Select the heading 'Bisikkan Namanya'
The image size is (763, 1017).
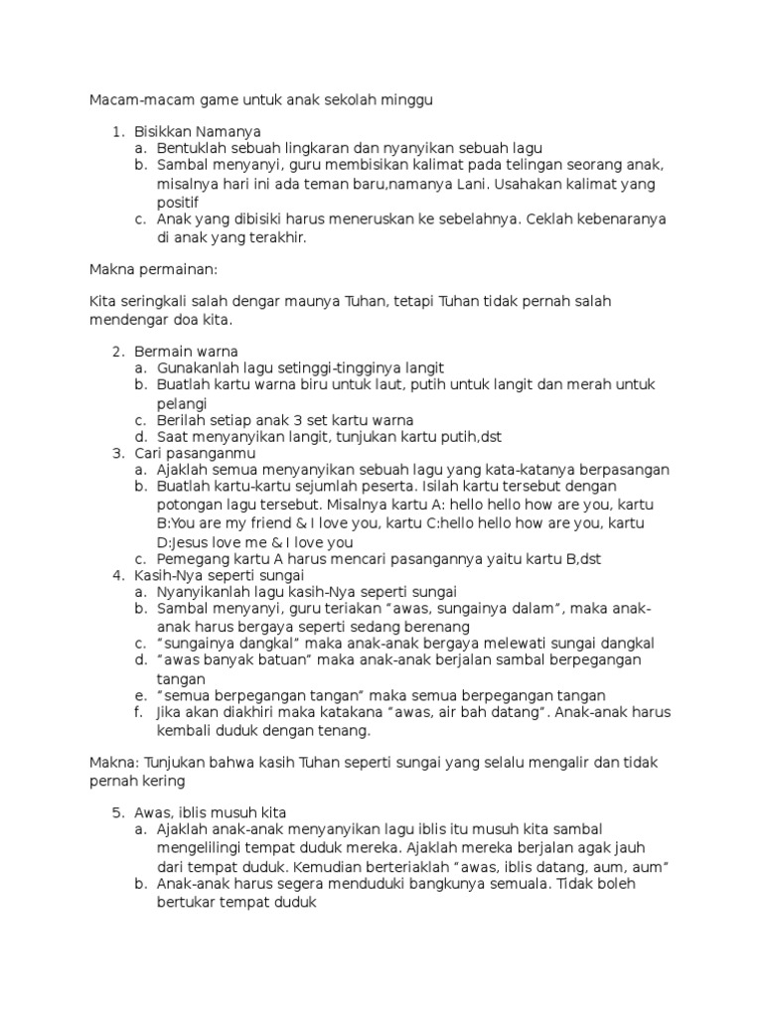pyautogui.click(x=198, y=131)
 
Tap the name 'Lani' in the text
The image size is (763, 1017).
pyautogui.click(x=520, y=184)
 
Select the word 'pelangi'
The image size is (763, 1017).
pyautogui.click(x=182, y=403)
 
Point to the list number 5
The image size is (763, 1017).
pyautogui.click(x=117, y=811)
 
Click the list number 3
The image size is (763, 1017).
pyautogui.click(x=117, y=453)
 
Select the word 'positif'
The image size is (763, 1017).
pyautogui.click(x=178, y=202)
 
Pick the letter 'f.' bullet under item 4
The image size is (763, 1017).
pyautogui.click(x=141, y=713)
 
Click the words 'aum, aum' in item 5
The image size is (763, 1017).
pyautogui.click(x=636, y=866)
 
